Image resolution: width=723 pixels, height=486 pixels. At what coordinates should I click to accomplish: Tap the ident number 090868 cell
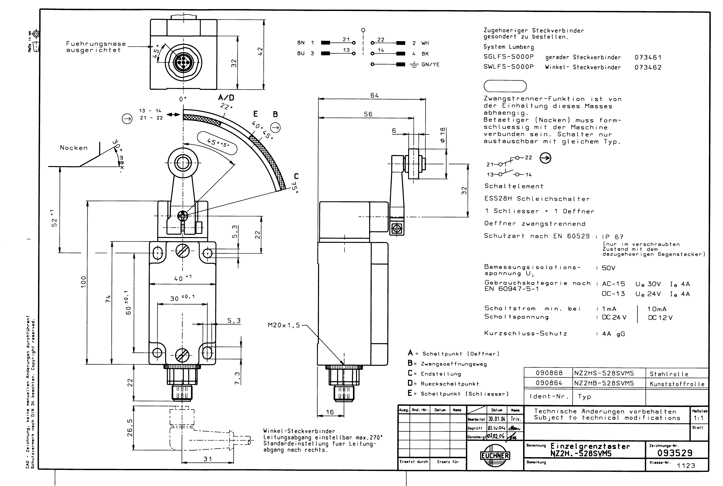[x=549, y=373]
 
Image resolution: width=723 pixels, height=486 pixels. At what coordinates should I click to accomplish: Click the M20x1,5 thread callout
[x=284, y=325]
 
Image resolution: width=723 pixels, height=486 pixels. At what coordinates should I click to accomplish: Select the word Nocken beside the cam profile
[x=74, y=148]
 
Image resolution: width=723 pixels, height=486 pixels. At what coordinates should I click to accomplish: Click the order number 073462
[x=648, y=67]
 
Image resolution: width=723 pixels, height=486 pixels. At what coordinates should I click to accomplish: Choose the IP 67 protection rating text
[x=612, y=237]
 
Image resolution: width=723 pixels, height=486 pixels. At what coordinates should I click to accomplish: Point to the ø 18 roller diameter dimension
[x=443, y=135]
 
